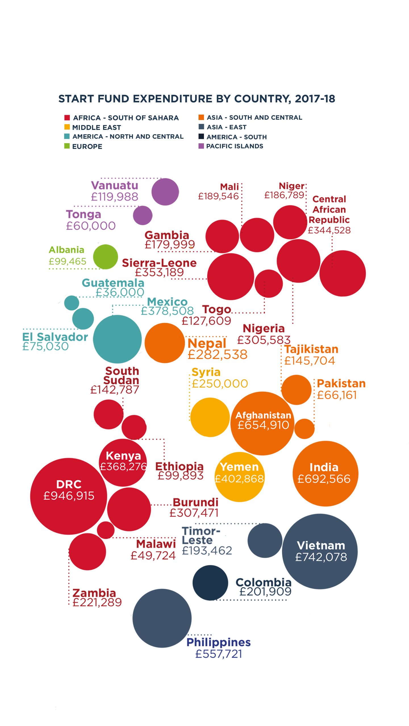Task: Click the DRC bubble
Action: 68,496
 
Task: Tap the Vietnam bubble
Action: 320,551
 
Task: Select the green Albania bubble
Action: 105,257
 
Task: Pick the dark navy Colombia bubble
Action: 210,583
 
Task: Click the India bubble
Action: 325,473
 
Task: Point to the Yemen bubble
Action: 239,477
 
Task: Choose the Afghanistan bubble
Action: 262,423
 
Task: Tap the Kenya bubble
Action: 123,463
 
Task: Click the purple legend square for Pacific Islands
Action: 201,146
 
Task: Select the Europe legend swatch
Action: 67,146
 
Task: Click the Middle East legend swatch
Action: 67,127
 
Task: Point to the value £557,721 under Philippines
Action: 218,654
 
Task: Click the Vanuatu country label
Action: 114,185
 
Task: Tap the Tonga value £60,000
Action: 91,226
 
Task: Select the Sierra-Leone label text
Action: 159,263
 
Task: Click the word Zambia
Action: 94,593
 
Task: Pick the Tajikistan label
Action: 311,349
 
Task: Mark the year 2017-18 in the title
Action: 315,99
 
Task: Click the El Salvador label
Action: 55,337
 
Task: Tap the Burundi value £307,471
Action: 194,513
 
